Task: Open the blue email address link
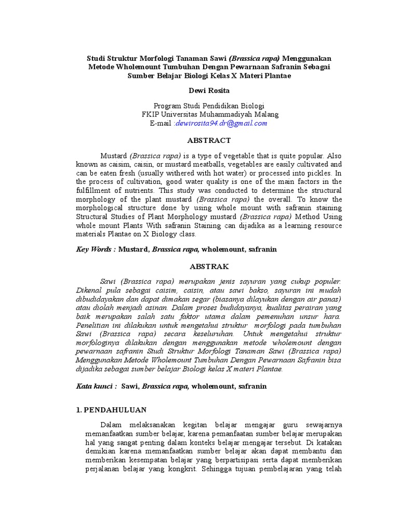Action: pyautogui.click(x=221, y=123)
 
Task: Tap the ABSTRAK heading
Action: pyautogui.click(x=209, y=267)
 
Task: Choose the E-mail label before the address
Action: pyautogui.click(x=161, y=123)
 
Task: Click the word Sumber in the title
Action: pyautogui.click(x=143, y=75)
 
